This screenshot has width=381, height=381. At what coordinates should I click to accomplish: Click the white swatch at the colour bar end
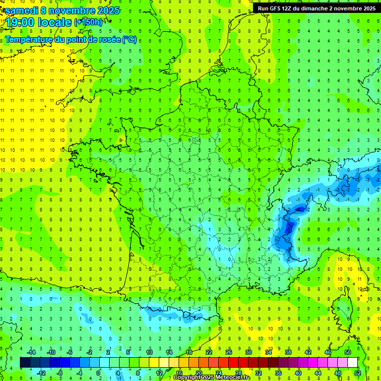pyautogui.click(x=352, y=363)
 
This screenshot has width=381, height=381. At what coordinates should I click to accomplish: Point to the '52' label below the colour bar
pyautogui.click(x=357, y=373)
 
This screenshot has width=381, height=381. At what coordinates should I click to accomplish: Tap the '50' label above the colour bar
pyautogui.click(x=347, y=352)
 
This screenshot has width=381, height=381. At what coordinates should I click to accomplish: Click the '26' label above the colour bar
pyautogui.click(x=228, y=352)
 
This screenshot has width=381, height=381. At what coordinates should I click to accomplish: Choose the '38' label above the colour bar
pyautogui.click(x=288, y=352)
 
